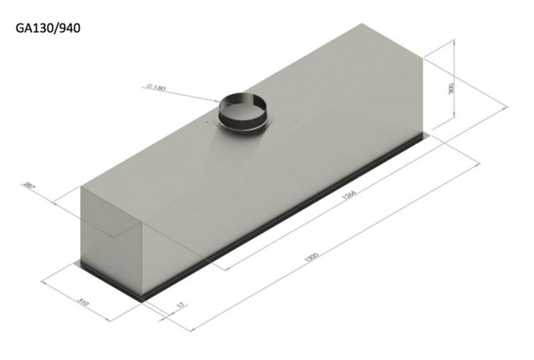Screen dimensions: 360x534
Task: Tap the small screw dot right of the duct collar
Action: (294, 122)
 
